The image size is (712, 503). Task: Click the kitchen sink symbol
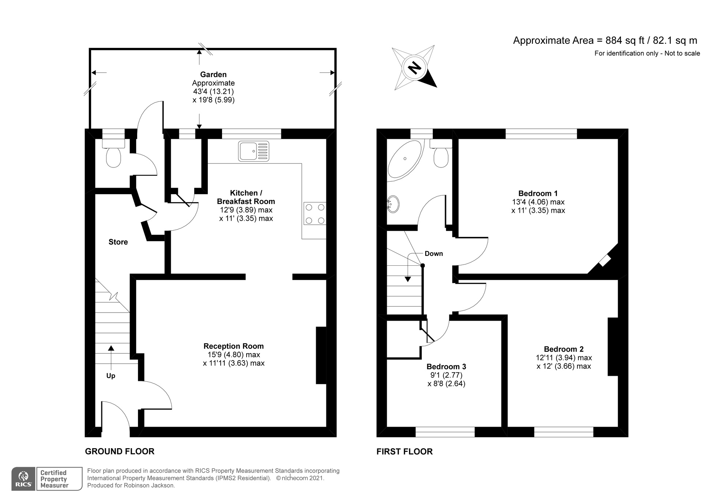tap(254, 151)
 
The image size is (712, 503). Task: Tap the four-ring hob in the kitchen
tap(315, 213)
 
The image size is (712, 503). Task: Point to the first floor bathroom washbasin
tap(393, 204)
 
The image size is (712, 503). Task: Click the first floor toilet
tap(441, 153)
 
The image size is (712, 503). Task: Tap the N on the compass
tap(415, 68)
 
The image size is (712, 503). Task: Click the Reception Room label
tap(233, 346)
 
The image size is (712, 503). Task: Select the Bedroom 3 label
tap(446, 366)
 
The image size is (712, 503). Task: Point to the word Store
tap(118, 242)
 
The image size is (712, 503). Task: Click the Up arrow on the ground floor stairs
tap(111, 357)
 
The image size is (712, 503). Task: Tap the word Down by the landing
tap(434, 253)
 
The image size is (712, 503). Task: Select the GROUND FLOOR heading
tap(120, 451)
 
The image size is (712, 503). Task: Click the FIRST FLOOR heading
tap(404, 451)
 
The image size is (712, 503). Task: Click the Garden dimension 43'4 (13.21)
tap(213, 91)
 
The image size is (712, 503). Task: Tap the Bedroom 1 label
tap(538, 193)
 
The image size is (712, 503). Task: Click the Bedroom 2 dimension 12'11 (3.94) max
tap(564, 358)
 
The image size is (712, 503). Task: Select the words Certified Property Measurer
tap(54, 479)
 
